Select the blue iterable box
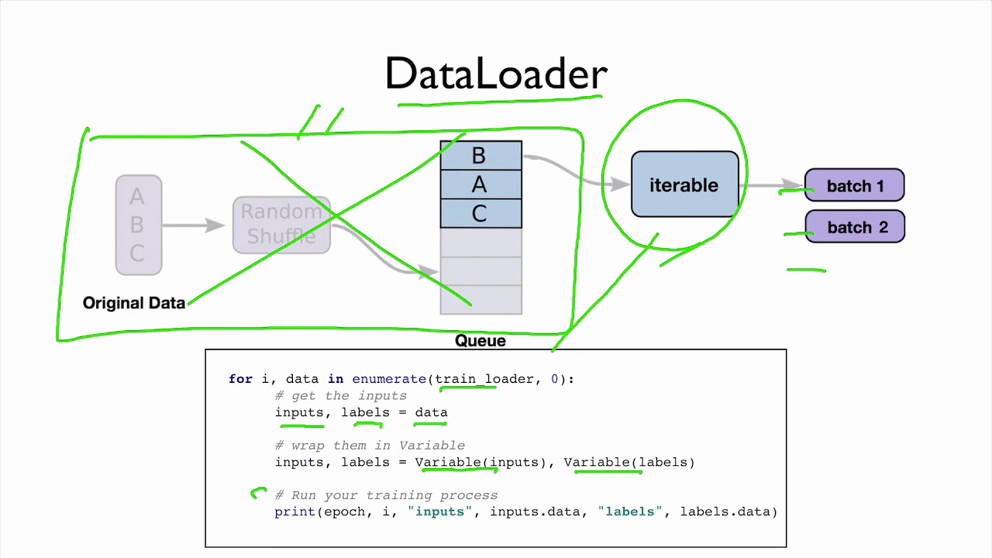[x=684, y=184]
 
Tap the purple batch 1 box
[x=855, y=186]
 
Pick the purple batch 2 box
[x=855, y=227]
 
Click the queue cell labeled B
[x=480, y=156]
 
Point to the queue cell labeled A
[x=480, y=184]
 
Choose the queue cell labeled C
[x=480, y=213]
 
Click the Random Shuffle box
[x=281, y=225]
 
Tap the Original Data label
[x=134, y=303]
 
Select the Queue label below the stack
[x=480, y=341]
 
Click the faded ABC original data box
[x=138, y=225]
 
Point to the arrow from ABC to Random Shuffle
[x=194, y=225]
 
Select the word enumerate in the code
[x=388, y=379]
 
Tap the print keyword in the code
[x=294, y=511]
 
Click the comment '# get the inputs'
[x=340, y=396]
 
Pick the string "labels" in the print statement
[x=630, y=511]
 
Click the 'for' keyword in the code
[x=240, y=379]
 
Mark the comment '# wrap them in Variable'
[x=370, y=446]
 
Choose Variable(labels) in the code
[x=629, y=462]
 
